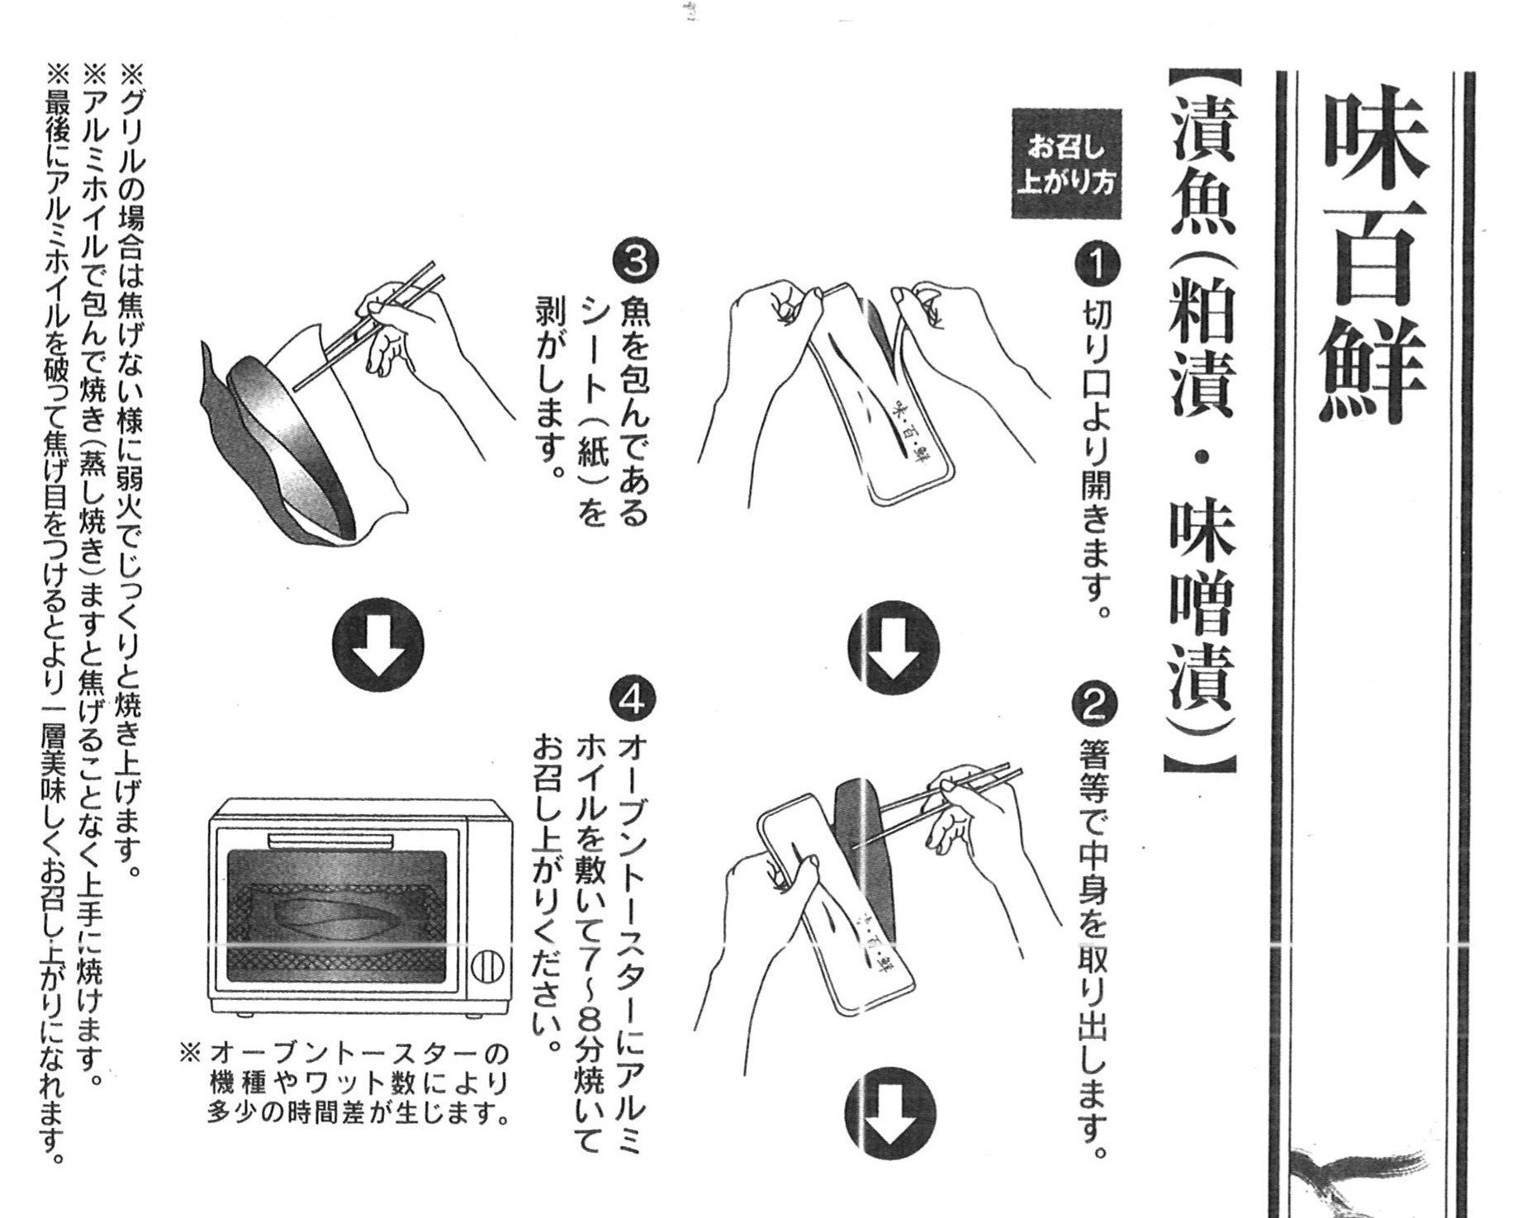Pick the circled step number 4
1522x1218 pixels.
pyautogui.click(x=633, y=701)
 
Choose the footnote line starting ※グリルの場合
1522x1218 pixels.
pyautogui.click(x=132, y=470)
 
